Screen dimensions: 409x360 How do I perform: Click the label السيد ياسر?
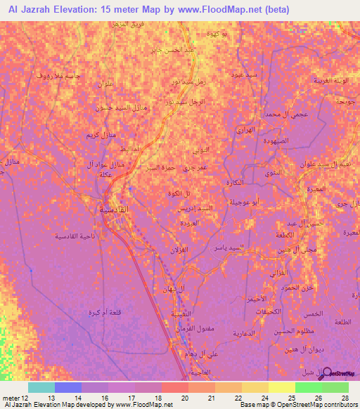(x=249, y=247)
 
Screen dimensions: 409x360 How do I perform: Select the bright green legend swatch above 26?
(x=309, y=387)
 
